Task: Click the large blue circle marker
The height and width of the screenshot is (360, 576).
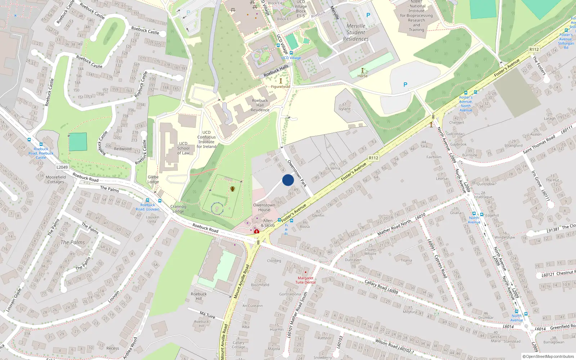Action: tap(288, 180)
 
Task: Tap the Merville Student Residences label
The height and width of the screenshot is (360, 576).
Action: tap(356, 32)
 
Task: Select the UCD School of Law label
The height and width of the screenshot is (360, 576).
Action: tap(183, 148)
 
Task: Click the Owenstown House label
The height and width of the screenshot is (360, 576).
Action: tap(264, 207)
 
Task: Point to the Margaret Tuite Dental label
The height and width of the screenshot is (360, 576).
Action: tap(306, 280)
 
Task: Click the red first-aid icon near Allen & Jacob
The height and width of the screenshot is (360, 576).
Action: tap(257, 231)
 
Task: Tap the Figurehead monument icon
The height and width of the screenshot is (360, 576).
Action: tap(281, 81)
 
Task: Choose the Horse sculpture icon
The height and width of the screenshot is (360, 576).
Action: tap(363, 71)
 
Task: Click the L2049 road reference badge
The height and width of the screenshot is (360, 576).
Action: tap(62, 167)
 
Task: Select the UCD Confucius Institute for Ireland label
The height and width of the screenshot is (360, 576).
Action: tap(206, 139)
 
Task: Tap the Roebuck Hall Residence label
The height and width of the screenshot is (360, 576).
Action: tap(260, 105)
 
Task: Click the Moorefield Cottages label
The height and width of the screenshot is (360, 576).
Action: tap(56, 179)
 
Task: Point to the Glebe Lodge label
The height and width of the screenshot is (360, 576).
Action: tap(153, 179)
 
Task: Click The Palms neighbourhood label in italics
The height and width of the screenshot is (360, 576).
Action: tap(73, 242)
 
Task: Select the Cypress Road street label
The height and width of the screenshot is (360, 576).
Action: tap(441, 266)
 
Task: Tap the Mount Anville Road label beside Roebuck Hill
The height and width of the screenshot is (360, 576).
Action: tap(242, 282)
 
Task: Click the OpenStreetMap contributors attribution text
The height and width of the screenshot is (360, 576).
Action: tap(548, 356)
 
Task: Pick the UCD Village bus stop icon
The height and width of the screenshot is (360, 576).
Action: tap(291, 53)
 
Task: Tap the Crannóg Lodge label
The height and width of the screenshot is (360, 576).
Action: tap(178, 209)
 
